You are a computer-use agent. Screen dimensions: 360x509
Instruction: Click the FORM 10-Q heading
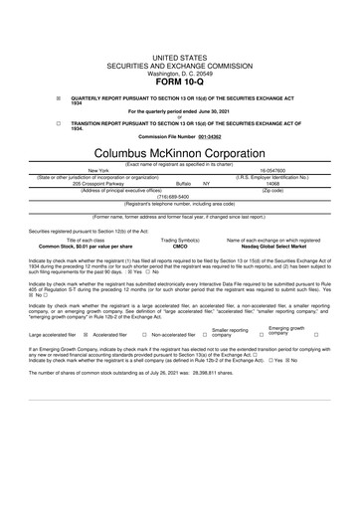pyautogui.click(x=180, y=83)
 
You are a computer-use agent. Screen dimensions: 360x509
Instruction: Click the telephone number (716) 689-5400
pyautogui.click(x=180, y=197)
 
